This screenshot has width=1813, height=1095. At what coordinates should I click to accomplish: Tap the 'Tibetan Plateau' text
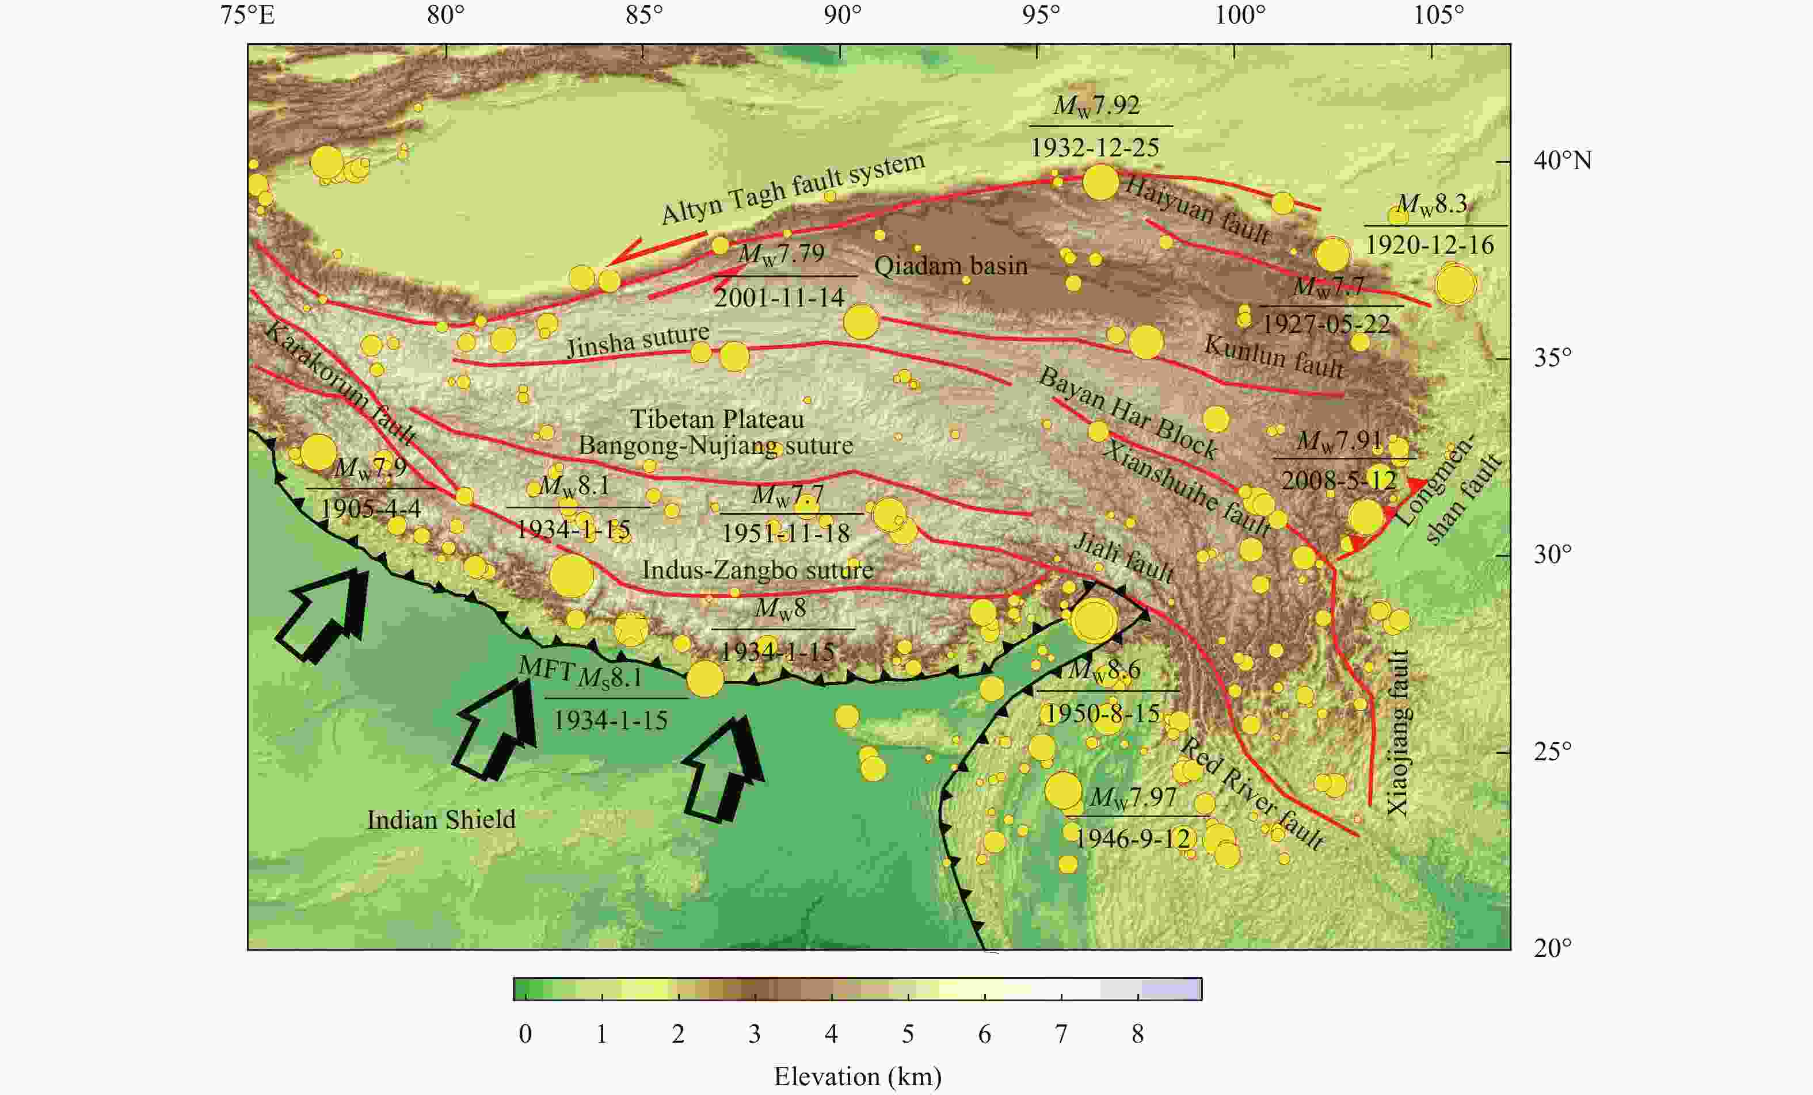click(x=717, y=419)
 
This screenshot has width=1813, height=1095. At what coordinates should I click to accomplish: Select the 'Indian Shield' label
click(x=441, y=819)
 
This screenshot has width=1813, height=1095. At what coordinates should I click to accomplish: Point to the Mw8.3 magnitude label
click(x=1431, y=204)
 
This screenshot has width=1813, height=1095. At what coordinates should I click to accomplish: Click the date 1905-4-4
click(x=370, y=508)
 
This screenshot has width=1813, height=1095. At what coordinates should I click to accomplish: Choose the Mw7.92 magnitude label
click(x=1096, y=106)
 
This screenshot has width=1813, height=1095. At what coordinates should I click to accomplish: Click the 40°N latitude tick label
click(x=1562, y=160)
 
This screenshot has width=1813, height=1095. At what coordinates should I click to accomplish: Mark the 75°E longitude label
click(x=247, y=15)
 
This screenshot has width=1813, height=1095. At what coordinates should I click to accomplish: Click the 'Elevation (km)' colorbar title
click(x=857, y=1077)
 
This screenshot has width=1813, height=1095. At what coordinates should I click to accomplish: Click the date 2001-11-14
click(x=779, y=297)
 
